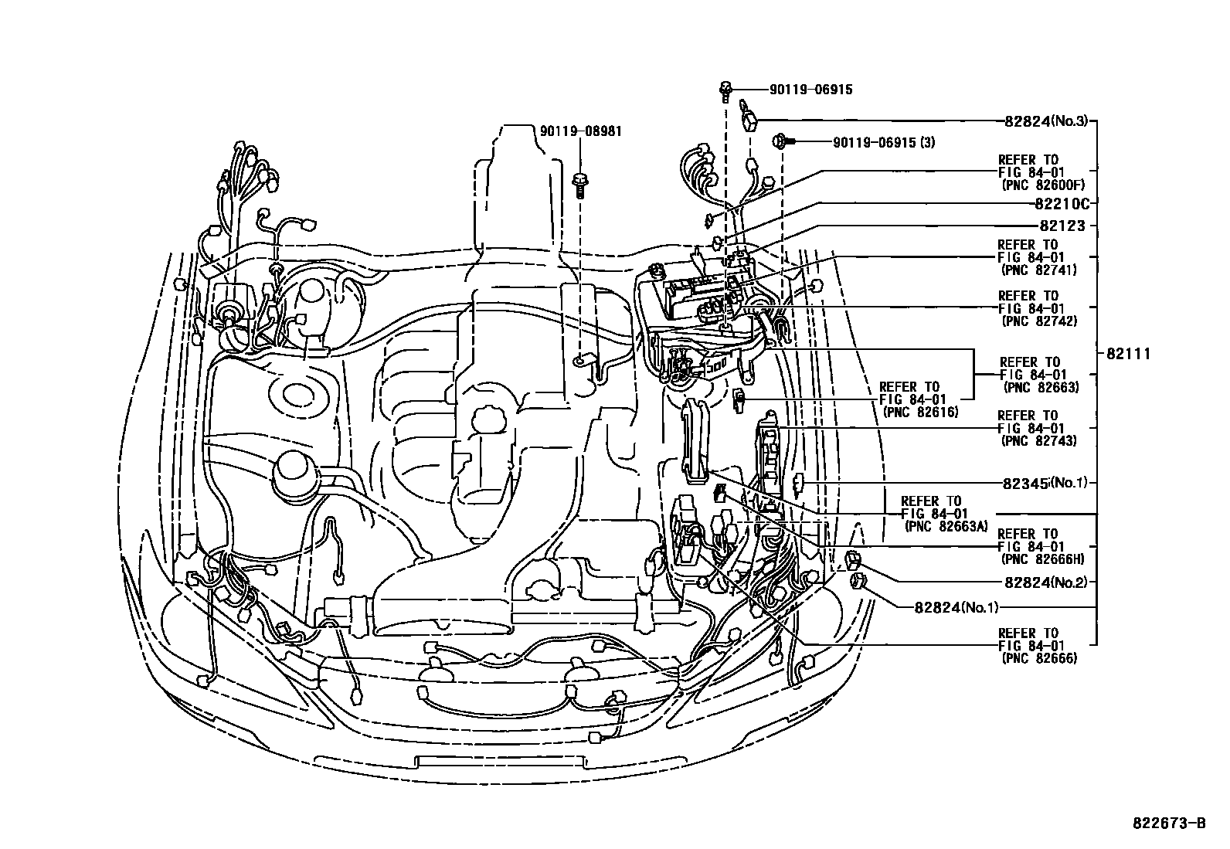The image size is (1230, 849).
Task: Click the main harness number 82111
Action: pos(1129,354)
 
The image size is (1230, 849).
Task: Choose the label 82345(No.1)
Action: pos(1045,483)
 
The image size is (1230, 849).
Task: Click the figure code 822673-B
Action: pos(1169,824)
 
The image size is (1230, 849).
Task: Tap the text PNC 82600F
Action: pos(1042,185)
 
